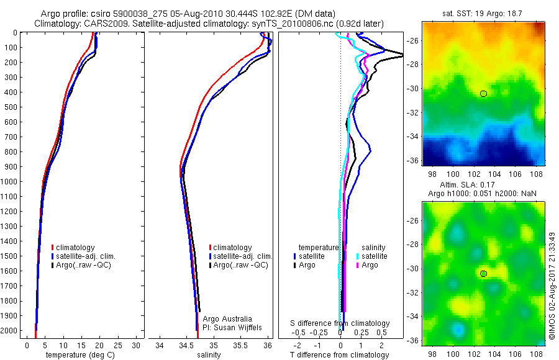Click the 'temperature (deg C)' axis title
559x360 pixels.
[x=78, y=355]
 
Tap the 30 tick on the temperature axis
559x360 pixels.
[x=137, y=344]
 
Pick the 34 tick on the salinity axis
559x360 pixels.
[x=160, y=344]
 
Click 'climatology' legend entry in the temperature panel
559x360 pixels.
[x=76, y=248]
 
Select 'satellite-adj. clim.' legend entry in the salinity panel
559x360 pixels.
[x=243, y=256]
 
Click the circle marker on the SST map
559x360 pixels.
[x=483, y=93]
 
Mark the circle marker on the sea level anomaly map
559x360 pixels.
[x=483, y=273]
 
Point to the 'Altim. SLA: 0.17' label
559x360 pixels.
[x=483, y=185]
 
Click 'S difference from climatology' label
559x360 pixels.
[x=340, y=323]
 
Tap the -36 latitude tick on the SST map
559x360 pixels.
[x=414, y=160]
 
